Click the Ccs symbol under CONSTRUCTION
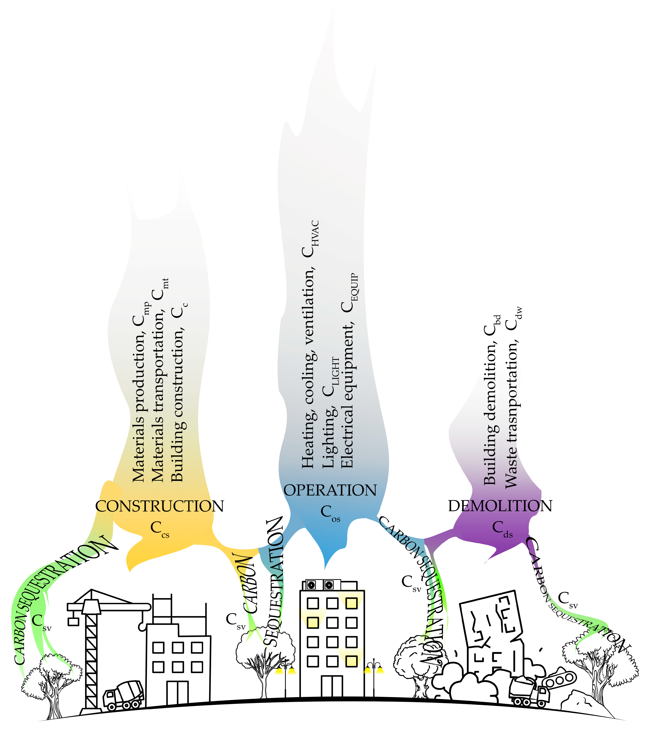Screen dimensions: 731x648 pos(159,529)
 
